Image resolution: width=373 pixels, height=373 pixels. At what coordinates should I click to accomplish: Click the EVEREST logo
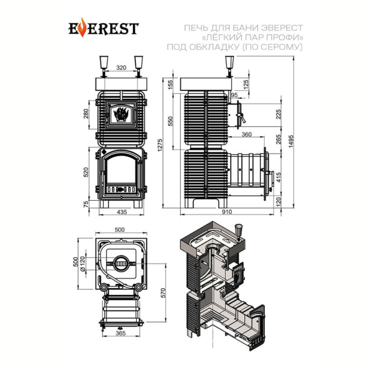pos(103,28)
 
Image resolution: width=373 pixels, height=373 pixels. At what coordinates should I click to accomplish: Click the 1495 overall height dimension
pos(291,142)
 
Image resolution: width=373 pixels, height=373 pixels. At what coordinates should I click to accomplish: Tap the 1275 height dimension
pos(160,145)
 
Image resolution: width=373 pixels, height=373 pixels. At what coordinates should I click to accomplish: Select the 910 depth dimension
pos(227,211)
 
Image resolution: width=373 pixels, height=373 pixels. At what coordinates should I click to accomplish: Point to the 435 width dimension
pos(122,212)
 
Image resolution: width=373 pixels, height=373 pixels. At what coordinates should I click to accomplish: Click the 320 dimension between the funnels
pos(121,68)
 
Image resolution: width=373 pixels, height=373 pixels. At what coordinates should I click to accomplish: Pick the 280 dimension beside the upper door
pos(86,114)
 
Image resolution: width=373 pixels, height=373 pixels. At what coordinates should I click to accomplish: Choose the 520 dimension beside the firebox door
pos(86,172)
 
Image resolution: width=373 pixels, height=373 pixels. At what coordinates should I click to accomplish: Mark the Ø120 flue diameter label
pos(82,264)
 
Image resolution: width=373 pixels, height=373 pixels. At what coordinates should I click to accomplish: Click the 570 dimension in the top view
pos(163,293)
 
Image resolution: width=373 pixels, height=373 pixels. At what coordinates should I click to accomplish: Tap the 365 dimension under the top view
pos(121,333)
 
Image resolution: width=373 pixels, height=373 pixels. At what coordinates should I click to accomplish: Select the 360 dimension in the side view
pos(246,134)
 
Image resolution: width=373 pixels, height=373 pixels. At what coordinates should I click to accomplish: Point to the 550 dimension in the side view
pos(170,121)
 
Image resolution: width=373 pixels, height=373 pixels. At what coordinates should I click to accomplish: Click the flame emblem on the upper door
pos(121,114)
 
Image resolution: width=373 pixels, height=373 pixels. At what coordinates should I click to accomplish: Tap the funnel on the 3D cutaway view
pos(238,231)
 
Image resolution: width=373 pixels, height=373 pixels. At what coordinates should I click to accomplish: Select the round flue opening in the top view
pos(122,264)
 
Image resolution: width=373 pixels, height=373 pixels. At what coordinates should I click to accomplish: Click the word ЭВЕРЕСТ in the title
pos(282,28)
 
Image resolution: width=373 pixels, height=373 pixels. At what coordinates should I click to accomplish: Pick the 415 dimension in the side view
pos(279,177)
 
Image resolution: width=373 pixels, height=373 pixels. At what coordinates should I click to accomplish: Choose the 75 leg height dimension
pos(86,204)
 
